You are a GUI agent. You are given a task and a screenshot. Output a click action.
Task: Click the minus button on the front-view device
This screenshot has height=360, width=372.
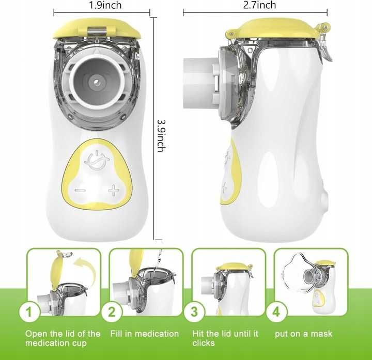pyautogui.click(x=80, y=191)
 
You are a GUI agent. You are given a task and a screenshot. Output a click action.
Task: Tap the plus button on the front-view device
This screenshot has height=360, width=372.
pyautogui.click(x=114, y=191)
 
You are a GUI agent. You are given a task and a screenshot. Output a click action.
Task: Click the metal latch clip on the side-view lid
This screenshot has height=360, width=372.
pyautogui.click(x=324, y=44)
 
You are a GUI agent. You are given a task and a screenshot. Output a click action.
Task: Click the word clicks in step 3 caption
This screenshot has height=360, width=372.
pyautogui.click(x=204, y=343)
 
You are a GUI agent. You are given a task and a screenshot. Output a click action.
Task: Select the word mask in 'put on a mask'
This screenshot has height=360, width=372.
pyautogui.click(x=322, y=334)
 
